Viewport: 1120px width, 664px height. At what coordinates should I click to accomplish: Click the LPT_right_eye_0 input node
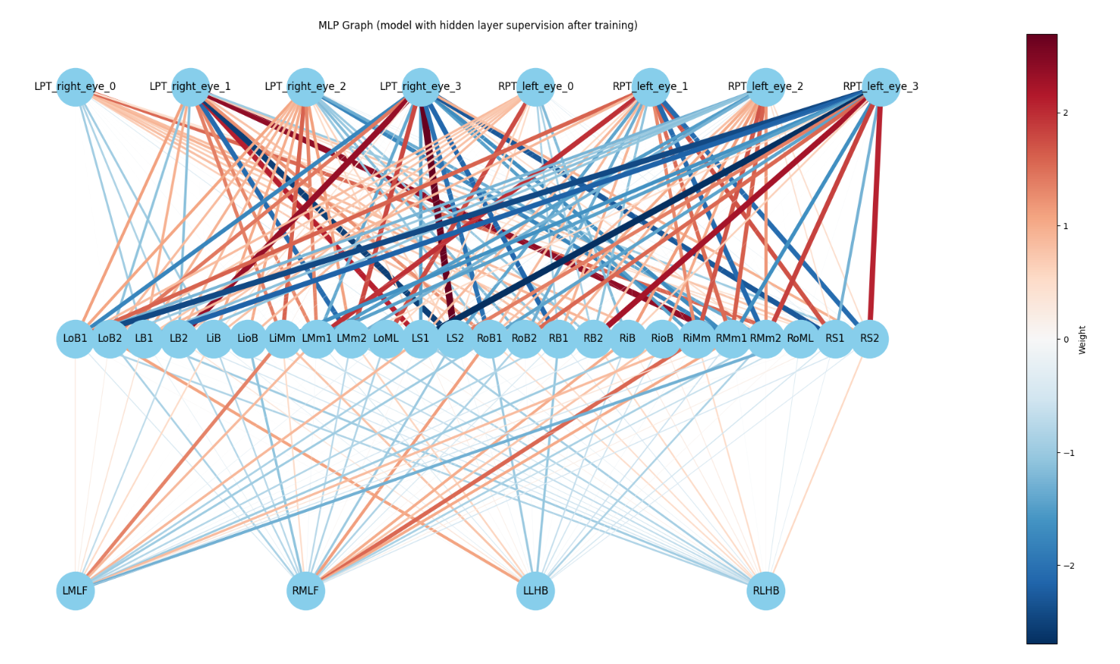(x=76, y=87)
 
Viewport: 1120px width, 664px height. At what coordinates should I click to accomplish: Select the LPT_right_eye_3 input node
(x=421, y=87)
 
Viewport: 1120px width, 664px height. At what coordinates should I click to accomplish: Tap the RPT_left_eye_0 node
(x=536, y=87)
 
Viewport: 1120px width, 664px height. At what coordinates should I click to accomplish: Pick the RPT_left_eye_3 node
(x=881, y=87)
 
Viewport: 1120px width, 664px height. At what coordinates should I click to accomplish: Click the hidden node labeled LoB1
(x=76, y=339)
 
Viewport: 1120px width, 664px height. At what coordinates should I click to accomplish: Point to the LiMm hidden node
(x=283, y=339)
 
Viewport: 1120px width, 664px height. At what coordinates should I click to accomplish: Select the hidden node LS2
(x=455, y=339)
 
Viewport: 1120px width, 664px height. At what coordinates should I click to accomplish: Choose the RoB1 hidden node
(x=490, y=339)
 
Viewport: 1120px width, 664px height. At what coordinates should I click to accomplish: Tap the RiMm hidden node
(x=697, y=339)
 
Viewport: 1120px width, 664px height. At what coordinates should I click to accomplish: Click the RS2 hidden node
(x=870, y=339)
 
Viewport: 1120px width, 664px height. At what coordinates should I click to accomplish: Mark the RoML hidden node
(x=800, y=339)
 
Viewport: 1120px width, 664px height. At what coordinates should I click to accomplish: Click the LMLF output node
(x=76, y=591)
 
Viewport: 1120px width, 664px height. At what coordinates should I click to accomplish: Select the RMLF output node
(x=305, y=591)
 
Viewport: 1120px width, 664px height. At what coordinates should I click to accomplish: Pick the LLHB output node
(x=536, y=591)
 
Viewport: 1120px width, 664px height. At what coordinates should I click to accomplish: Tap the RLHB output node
(x=766, y=591)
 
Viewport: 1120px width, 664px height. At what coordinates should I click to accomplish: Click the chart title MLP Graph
(x=478, y=26)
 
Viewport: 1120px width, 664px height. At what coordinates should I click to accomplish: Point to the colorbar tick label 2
(x=1066, y=113)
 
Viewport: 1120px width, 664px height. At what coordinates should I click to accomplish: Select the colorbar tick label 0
(x=1066, y=340)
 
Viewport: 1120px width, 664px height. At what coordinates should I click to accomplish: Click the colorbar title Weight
(x=1083, y=340)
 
